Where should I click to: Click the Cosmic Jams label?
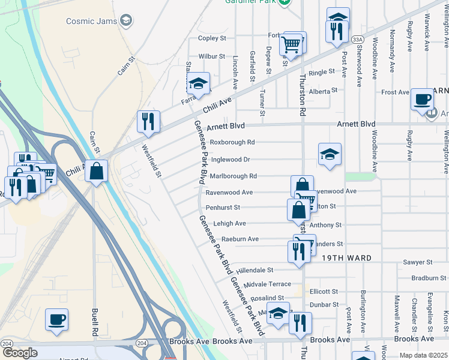pos(91,21)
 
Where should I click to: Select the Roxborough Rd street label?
pos(232,143)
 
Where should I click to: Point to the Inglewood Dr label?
pos(231,160)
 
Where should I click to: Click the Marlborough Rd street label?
pos(234,176)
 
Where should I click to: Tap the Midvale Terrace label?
pos(268,284)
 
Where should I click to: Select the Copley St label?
pos(212,38)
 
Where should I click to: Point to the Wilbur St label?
pos(212,56)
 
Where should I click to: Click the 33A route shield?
pos(358,40)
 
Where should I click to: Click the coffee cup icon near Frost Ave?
pos(423,99)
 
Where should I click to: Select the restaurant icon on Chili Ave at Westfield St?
pos(148,121)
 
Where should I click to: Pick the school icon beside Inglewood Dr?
pos(330,154)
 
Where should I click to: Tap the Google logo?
pos(20,353)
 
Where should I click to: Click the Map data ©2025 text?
pos(423,355)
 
